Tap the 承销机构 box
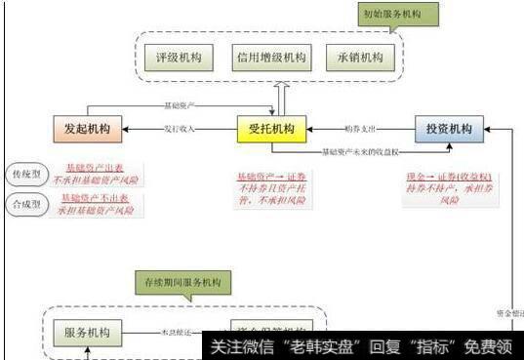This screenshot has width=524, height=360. point(358,57)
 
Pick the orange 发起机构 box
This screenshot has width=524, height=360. point(86,128)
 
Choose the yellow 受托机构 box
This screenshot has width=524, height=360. point(272,128)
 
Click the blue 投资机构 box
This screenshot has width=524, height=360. point(449,128)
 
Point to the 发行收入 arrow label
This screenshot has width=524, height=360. point(181,128)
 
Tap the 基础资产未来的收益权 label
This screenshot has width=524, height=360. point(361,151)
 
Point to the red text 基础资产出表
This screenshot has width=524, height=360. point(95,167)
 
